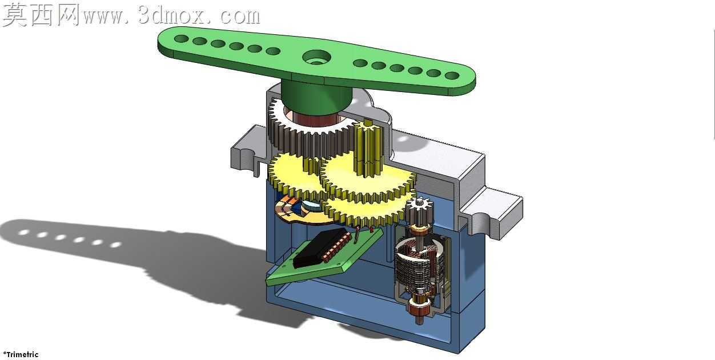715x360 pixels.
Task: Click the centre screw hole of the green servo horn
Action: (x=316, y=58)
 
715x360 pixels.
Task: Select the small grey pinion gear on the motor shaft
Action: (x=419, y=208)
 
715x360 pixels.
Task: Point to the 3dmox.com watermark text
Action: (x=172, y=16)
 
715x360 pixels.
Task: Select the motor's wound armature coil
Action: (x=419, y=265)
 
